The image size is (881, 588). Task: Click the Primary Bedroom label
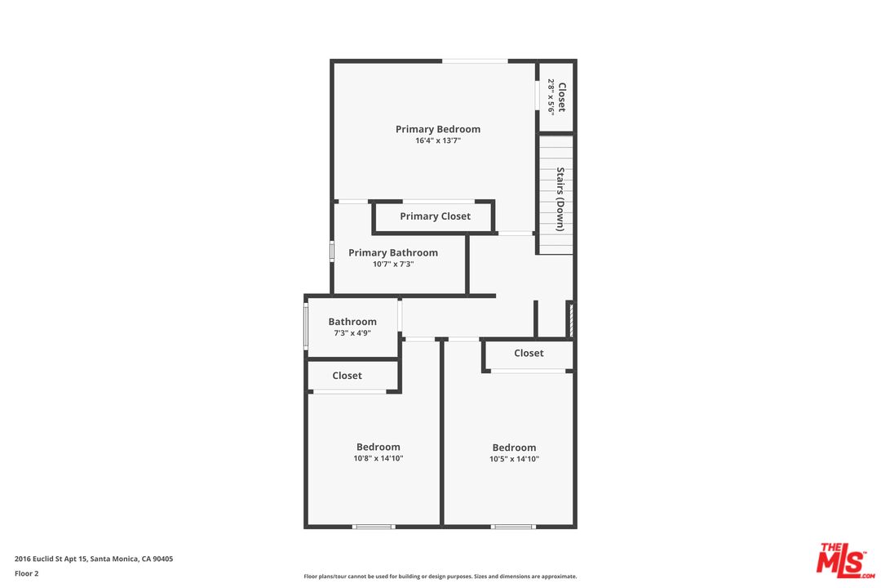coord(438,129)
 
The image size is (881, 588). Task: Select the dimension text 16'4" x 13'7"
coord(438,140)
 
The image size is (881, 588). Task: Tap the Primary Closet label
coord(435,216)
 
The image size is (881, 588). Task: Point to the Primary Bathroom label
coord(392,252)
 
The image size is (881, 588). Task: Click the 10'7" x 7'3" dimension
coord(392,264)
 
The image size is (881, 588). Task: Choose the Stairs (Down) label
coord(560,199)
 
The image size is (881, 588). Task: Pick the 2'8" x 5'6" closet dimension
coord(551,97)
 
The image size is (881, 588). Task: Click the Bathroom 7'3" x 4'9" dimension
coord(352,333)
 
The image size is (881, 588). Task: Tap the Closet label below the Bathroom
coord(347,376)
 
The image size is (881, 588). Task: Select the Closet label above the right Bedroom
coord(529,353)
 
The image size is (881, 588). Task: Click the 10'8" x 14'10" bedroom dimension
coord(379,459)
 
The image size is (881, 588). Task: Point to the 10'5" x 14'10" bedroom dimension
coord(514,459)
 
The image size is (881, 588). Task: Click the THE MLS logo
coord(846,560)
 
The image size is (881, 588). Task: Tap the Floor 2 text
coord(26,574)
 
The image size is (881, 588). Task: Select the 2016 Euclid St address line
coord(94,559)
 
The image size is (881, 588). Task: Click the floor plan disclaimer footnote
coord(440,577)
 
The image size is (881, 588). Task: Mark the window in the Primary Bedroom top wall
coord(475,60)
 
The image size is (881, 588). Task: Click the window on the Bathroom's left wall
coord(306,327)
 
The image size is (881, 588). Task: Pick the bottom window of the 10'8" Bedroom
coord(374,527)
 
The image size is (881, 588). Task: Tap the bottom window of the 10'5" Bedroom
coord(513,527)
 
